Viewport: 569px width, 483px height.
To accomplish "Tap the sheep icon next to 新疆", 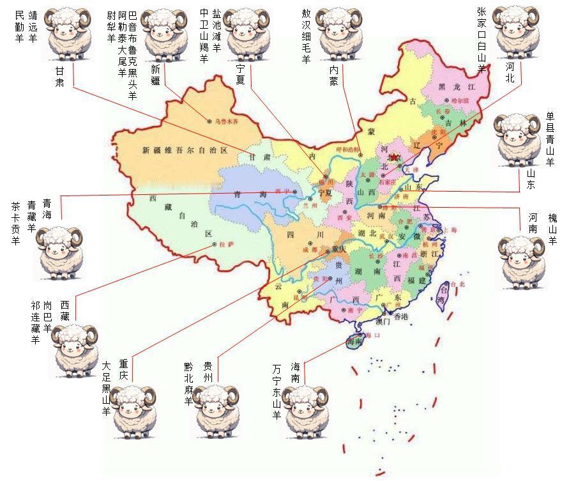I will [163, 35].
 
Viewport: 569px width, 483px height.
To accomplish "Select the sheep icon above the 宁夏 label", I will [246, 34].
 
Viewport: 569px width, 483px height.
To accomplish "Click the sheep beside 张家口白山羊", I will [516, 32].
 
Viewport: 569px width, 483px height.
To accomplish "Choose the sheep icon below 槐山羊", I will [524, 262].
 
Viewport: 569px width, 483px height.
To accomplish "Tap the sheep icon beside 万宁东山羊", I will [305, 411].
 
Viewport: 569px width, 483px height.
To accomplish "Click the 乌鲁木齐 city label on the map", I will [225, 121].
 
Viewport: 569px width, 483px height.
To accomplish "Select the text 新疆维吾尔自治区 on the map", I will [185, 151].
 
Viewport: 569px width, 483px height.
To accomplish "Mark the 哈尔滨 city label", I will [459, 100].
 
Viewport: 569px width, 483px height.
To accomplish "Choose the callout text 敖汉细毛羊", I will [306, 36].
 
